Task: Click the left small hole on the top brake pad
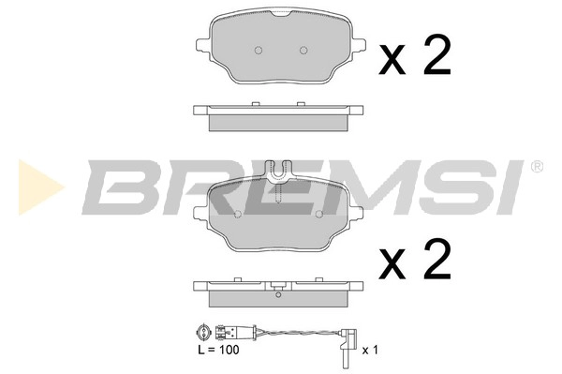pos(261,50)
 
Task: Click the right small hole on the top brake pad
pos(303,50)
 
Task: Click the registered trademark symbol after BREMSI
pos(536,166)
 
